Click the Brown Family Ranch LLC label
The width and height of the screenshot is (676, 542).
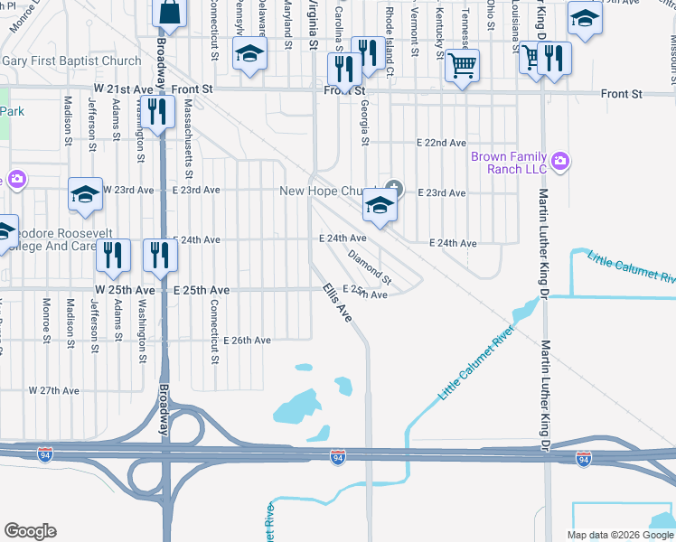click(x=509, y=163)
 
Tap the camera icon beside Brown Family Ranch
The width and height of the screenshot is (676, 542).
click(x=561, y=162)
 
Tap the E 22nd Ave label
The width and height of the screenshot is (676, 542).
click(x=440, y=143)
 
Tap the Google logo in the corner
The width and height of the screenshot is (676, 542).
click(x=30, y=531)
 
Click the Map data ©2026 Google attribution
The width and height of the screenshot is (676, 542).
click(x=620, y=535)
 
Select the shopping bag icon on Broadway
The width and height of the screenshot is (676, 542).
click(x=169, y=13)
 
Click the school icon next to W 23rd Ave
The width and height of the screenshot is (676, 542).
click(x=86, y=194)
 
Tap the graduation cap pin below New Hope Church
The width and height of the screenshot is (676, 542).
click(x=380, y=207)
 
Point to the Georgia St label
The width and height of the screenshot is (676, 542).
click(x=365, y=123)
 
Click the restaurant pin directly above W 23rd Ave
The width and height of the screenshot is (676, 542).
click(x=158, y=112)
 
